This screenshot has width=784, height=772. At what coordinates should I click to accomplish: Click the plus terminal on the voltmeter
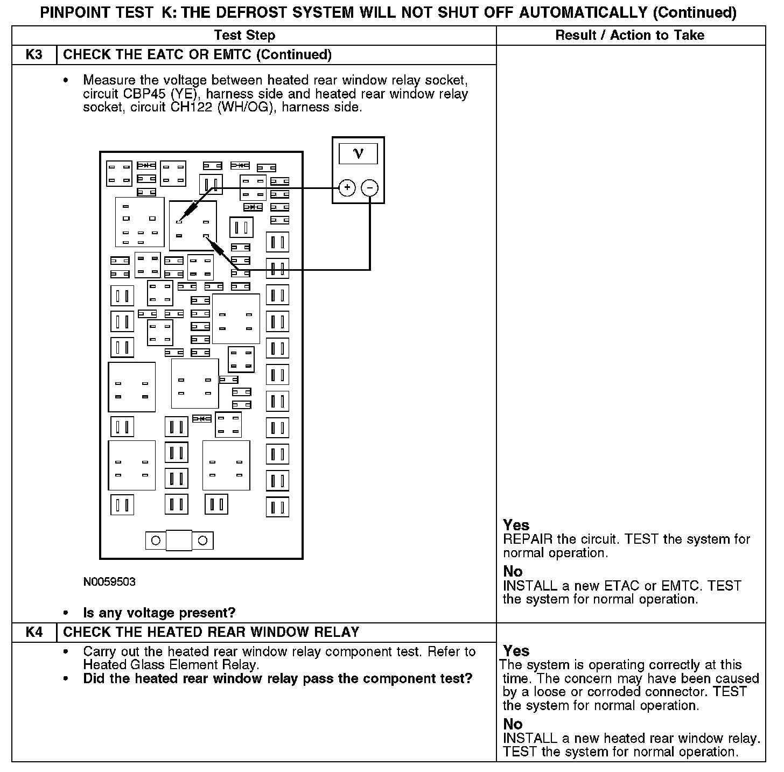(347, 188)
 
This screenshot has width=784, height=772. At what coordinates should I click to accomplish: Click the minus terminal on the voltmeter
(370, 188)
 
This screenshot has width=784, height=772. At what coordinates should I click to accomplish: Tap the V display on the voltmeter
(358, 154)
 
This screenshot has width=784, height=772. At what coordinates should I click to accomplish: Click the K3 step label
(34, 55)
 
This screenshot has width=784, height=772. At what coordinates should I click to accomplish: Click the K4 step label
(34, 632)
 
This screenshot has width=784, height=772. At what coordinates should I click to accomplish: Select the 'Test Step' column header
(244, 36)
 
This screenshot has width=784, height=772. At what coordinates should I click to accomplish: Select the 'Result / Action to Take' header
(629, 36)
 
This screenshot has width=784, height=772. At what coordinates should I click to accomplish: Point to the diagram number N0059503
(109, 582)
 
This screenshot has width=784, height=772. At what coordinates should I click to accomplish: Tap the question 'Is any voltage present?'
(159, 613)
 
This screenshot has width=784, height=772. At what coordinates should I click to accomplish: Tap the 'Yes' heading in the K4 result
(516, 651)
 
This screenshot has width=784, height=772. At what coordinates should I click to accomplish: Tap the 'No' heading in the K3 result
(513, 571)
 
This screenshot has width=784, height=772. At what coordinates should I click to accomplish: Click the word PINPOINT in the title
(80, 12)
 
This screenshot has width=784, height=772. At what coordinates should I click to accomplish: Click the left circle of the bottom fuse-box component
(156, 541)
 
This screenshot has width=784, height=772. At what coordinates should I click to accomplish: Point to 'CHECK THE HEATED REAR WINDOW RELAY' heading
(211, 632)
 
